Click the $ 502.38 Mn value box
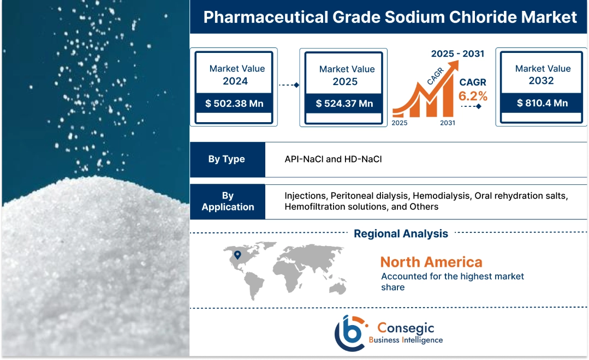pos(235,103)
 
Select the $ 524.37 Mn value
pos(344,103)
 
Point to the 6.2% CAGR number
pos(473,96)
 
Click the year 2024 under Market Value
pos(235,81)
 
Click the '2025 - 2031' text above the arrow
pos(457,54)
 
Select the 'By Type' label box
pos(227,159)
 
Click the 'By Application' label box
pos(228,201)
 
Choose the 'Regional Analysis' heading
pos(401,233)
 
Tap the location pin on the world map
pos(237,255)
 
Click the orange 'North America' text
pos(431,262)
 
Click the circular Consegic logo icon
pos(349,332)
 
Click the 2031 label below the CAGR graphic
pos(448,123)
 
